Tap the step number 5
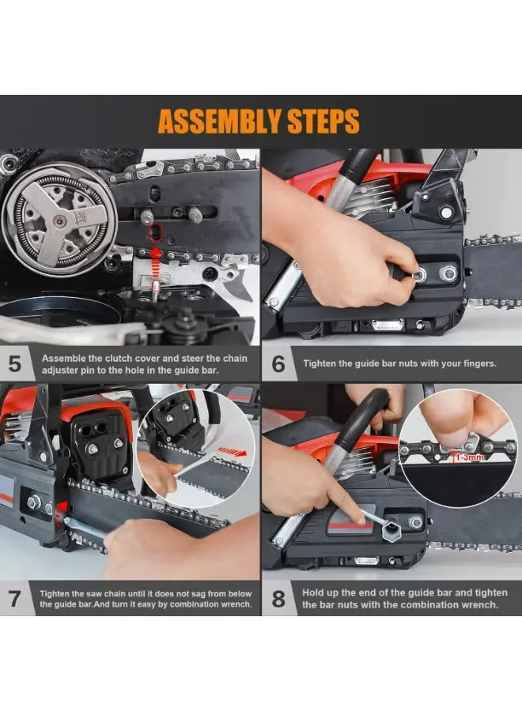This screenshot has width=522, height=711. coord(14,363)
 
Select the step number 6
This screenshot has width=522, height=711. coord(278,364)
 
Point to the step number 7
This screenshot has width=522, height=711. coord(14,599)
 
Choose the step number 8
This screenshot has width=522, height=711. coord(278,599)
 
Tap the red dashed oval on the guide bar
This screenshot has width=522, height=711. coord(155,231)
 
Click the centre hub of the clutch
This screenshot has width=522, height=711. coord(59,221)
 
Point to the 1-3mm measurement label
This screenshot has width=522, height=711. coord(469,457)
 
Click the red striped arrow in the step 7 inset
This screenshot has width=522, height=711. coord(232,452)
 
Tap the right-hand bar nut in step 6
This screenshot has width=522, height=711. coord(448,273)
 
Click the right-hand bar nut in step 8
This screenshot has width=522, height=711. coord(415,522)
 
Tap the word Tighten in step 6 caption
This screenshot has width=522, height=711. coord(320,363)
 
